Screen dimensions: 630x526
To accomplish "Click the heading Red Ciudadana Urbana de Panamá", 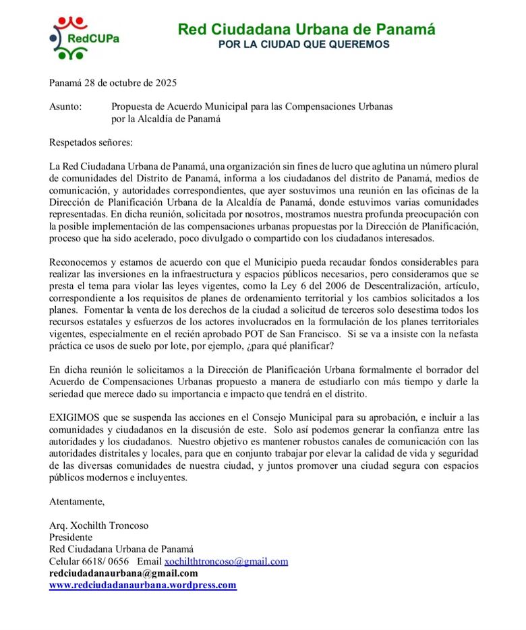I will click(306, 29).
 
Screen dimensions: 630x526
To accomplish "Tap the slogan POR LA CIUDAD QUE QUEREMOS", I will click(307, 45).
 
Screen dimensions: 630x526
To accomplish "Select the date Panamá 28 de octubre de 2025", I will click(113, 83).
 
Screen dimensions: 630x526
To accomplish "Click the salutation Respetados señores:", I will click(91, 142).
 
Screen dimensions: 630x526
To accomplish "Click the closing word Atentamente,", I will click(77, 501).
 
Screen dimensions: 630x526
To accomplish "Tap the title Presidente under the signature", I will click(71, 537).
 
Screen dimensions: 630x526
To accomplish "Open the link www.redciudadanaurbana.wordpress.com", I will click(143, 585).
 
